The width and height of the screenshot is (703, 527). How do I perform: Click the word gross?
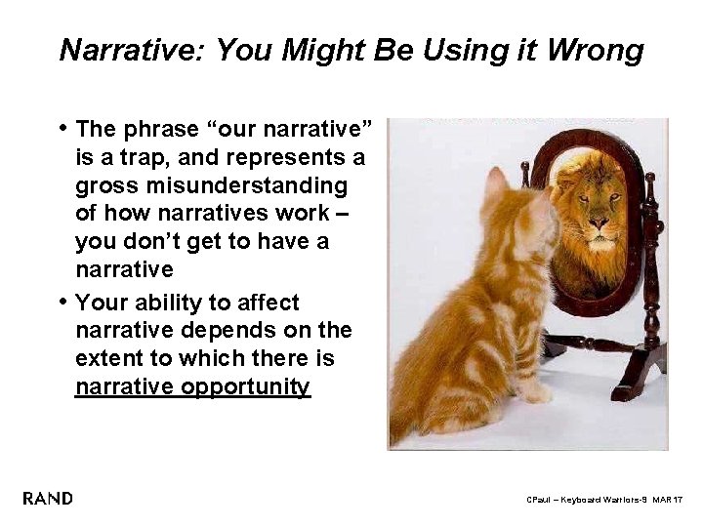click(104, 185)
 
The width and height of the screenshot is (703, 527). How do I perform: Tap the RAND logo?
click(47, 499)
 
